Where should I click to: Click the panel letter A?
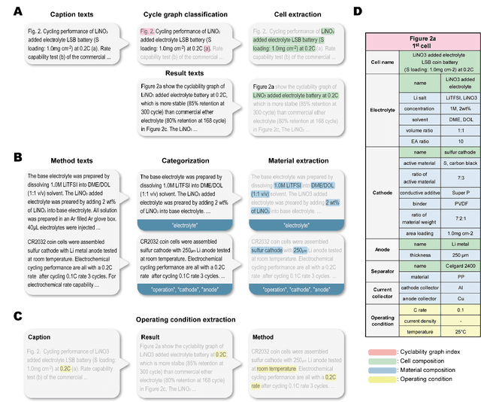(10, 11)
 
